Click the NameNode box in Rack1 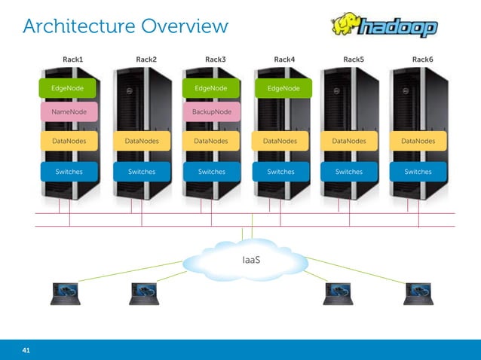point(68,112)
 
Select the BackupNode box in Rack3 point(212,112)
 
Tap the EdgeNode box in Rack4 point(283,89)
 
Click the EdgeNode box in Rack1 point(68,88)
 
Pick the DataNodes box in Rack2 point(142,140)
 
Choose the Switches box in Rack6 point(418,172)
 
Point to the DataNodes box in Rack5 point(349,140)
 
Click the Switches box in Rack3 point(211,172)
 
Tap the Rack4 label point(284,59)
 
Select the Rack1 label point(72,59)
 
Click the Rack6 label point(422,59)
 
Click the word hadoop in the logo point(397,29)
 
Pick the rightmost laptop point(418,294)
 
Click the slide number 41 point(26,350)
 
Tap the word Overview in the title point(182,27)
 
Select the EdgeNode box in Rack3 point(211,88)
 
